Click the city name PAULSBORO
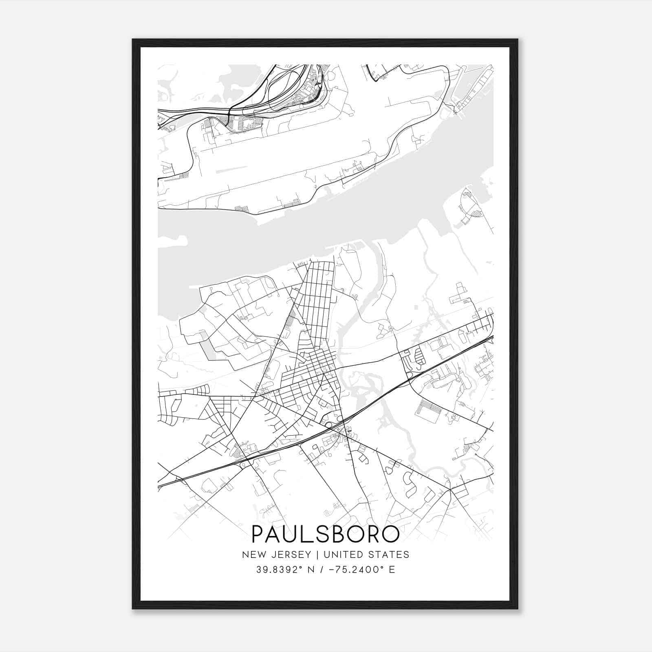pyautogui.click(x=325, y=534)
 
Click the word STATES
pyautogui.click(x=391, y=554)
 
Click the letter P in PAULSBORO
pyautogui.click(x=258, y=534)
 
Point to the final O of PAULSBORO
pyautogui.click(x=390, y=534)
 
